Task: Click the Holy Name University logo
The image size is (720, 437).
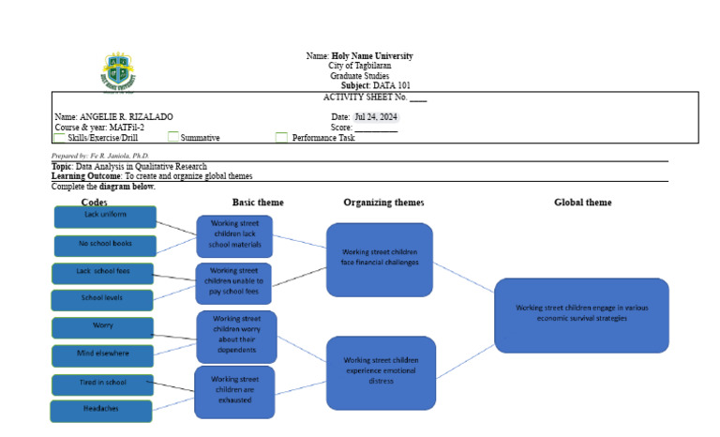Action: pos(122,72)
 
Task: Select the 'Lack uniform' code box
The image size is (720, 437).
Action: pos(105,216)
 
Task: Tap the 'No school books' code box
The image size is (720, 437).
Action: pos(105,246)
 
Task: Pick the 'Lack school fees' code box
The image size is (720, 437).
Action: pos(103,273)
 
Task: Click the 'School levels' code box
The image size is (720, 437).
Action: pos(102,300)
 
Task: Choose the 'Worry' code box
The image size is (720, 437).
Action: pos(102,327)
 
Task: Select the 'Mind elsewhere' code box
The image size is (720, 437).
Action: pos(102,354)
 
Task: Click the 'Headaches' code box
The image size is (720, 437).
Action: pos(102,410)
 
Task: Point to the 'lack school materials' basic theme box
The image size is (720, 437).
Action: pos(234,236)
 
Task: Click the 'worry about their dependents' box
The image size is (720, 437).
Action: pos(236,336)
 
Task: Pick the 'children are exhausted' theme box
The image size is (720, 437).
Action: pos(234,391)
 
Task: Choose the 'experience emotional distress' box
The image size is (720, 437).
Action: pos(381,372)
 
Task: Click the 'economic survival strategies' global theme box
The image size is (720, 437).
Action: pos(581,314)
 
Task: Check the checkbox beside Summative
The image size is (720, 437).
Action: pos(173,137)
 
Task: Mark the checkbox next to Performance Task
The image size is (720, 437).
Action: pos(281,137)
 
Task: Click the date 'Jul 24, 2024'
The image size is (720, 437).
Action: pos(376,117)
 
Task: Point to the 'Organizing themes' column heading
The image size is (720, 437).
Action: pos(383,202)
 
